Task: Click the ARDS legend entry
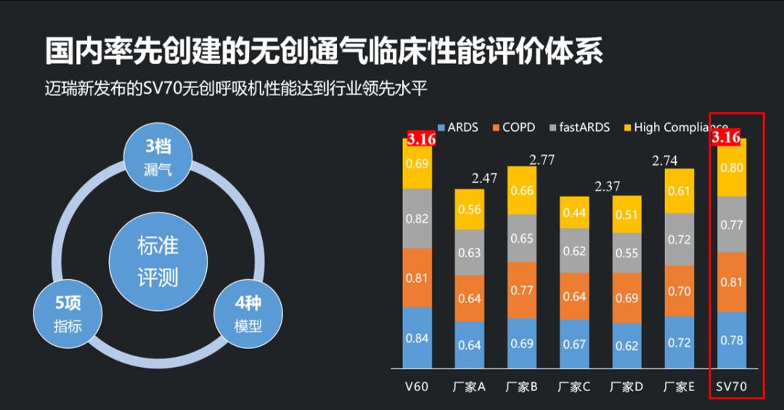(457, 127)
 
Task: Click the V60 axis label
(417, 386)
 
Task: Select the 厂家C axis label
(573, 386)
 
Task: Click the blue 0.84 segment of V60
(417, 337)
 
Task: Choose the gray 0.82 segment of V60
(417, 218)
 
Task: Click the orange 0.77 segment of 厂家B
(522, 291)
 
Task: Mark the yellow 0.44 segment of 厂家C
(574, 213)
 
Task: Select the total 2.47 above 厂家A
(484, 178)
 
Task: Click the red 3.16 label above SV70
(726, 137)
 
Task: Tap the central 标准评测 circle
(158, 261)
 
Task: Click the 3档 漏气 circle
(158, 156)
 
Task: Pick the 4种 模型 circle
(248, 315)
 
